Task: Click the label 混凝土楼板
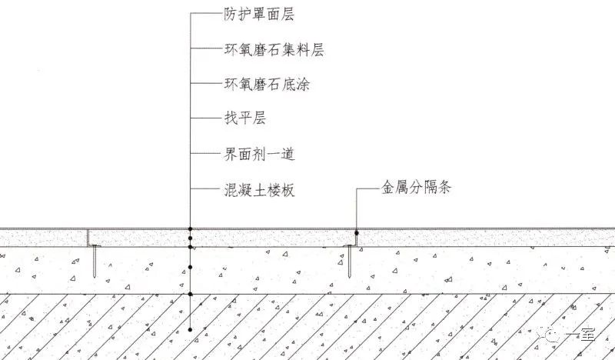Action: [256, 188]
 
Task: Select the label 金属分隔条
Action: [415, 187]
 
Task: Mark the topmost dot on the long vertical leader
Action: [190, 229]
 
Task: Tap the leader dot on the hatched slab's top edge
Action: [190, 294]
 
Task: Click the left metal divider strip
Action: [88, 238]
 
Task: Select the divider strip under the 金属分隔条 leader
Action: [355, 238]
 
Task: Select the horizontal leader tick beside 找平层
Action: [202, 119]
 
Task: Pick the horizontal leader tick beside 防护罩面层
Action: [202, 14]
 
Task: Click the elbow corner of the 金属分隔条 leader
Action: [356, 187]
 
